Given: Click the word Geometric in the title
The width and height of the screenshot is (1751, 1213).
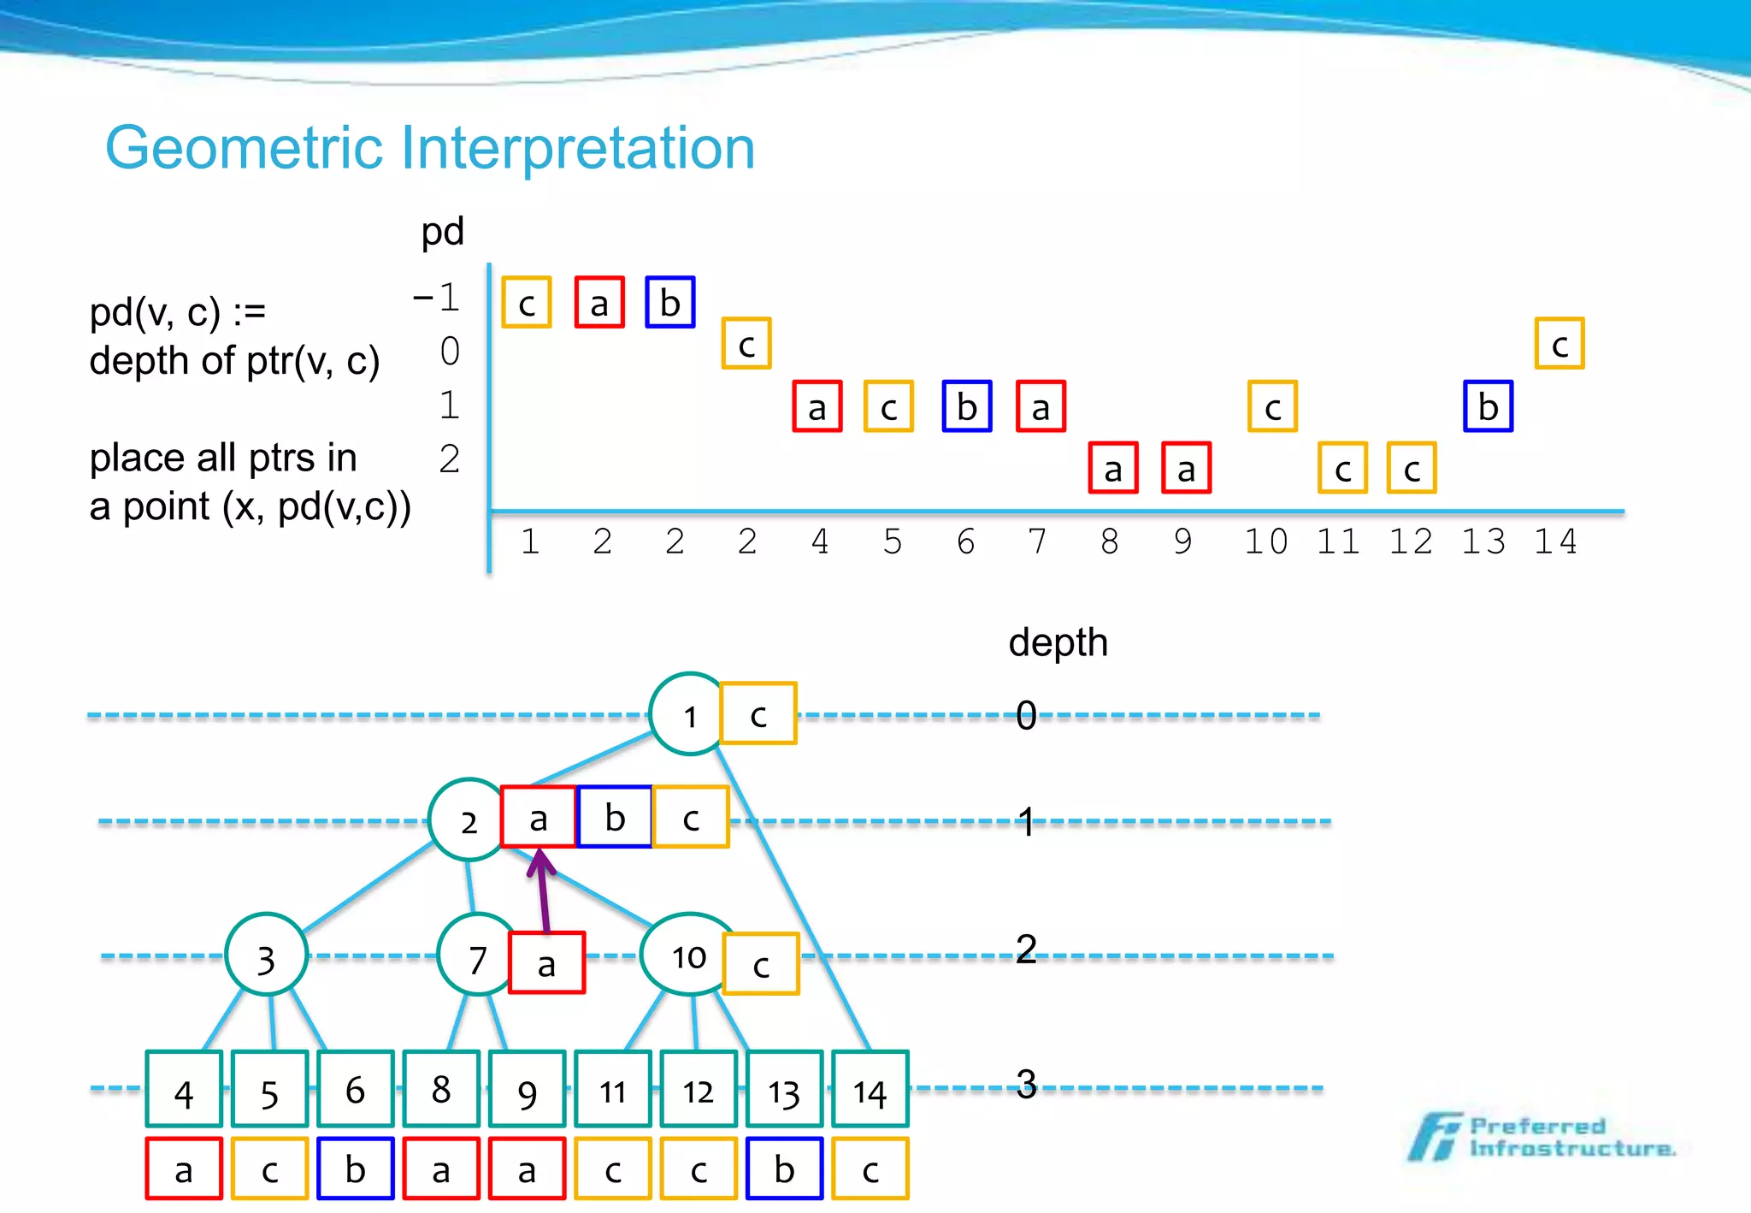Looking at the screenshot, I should click(244, 148).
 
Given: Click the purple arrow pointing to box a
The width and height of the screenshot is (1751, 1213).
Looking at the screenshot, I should click(543, 890).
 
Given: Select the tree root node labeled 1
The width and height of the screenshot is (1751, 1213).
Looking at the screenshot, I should click(689, 715).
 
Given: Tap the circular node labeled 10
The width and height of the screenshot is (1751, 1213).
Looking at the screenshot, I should click(688, 956).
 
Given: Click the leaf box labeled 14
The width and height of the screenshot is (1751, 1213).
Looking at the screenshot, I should click(870, 1089).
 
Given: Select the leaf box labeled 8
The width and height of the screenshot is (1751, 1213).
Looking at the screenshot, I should click(440, 1089).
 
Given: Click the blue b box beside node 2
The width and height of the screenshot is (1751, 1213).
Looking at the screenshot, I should click(615, 818).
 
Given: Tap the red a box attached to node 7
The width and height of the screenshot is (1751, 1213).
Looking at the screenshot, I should click(546, 963).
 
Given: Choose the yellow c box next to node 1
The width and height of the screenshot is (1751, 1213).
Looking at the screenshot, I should click(758, 714).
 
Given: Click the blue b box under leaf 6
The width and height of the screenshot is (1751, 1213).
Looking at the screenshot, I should click(355, 1169).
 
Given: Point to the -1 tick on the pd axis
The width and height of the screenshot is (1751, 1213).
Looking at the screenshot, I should click(438, 298).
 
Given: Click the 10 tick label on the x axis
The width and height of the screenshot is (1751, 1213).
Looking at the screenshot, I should click(1265, 541).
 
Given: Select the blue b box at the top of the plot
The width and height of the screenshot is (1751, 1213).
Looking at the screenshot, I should click(670, 303).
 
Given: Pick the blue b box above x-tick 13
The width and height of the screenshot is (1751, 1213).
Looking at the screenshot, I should click(1488, 406).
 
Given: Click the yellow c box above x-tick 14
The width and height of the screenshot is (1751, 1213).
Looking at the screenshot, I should click(1559, 344).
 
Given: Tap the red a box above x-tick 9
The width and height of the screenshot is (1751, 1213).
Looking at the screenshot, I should click(1186, 469).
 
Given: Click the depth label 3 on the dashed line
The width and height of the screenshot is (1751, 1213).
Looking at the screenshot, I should click(1026, 1085).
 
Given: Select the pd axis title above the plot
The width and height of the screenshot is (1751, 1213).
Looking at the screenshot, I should click(442, 232).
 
